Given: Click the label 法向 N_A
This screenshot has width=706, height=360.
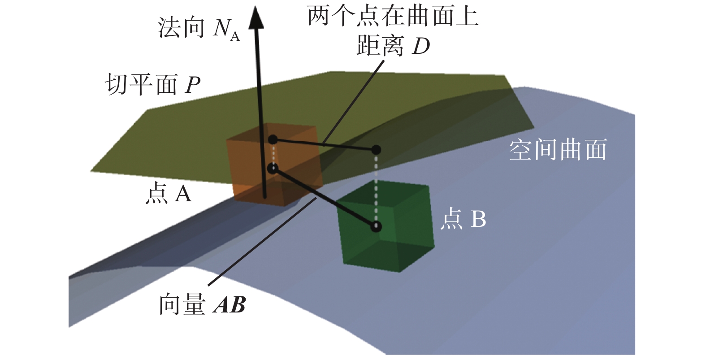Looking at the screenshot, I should point(199,28).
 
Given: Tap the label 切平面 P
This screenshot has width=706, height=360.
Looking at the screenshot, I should point(152,84).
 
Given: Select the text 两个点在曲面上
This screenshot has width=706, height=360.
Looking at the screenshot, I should point(393,17).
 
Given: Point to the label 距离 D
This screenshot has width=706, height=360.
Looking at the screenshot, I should point(393,46).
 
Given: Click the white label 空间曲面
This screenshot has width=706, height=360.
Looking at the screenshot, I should point(558,150).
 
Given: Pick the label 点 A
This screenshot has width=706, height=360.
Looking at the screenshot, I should point(168,194).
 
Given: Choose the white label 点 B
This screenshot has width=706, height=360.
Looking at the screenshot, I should point(463,219).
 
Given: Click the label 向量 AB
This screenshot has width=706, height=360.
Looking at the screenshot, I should point(202,305).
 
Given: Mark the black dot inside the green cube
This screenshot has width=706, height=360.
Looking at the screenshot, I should point(376,226).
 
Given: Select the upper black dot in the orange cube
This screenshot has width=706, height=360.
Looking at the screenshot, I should point(273,140).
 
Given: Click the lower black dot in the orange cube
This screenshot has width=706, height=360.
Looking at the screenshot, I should point(273,169).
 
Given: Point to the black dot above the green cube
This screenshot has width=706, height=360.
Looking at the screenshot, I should point(376,149).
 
